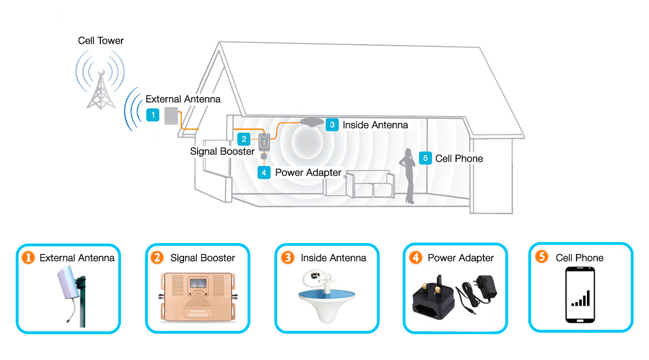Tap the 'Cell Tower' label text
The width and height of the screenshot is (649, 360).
(x=101, y=40)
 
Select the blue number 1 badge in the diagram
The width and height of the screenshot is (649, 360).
(x=153, y=115)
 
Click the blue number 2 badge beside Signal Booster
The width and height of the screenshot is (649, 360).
(x=244, y=139)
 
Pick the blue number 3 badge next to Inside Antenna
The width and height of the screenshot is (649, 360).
(x=332, y=125)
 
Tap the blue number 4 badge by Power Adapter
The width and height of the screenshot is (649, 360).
(x=264, y=172)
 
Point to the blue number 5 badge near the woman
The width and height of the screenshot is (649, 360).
(x=425, y=158)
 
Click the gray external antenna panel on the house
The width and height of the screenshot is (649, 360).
(x=171, y=116)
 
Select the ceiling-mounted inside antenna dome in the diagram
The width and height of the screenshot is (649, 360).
(x=309, y=123)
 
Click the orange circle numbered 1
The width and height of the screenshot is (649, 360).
(x=28, y=257)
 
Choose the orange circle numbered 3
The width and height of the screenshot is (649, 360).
(x=287, y=257)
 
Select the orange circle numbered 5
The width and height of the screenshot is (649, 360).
(x=541, y=257)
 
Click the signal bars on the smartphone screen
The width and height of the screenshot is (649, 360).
(x=581, y=298)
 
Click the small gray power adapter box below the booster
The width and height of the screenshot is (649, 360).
(x=264, y=156)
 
